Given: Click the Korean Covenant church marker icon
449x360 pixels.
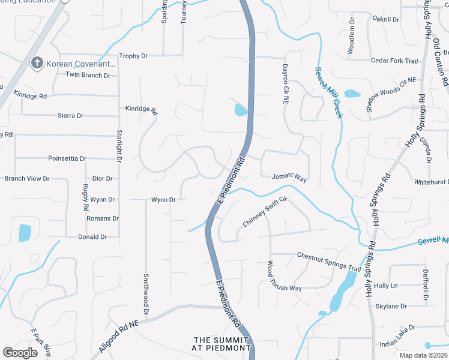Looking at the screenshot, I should tap(36, 63).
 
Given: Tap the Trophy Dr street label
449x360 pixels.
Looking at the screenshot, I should tap(133, 56).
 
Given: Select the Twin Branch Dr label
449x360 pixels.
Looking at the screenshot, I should tap(88, 75).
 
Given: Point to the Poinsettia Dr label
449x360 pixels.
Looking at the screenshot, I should tap(67, 158).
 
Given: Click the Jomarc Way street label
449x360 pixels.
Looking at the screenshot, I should tap(289, 179).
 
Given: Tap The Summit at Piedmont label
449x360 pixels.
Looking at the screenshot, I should tap(221, 344).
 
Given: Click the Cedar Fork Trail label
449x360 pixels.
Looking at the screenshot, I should tap(394, 61).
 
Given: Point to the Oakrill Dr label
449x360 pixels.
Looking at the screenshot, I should tap(385, 20).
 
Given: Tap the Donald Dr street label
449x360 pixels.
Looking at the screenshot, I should tap(92, 237).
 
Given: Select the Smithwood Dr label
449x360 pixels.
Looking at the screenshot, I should tap(146, 294).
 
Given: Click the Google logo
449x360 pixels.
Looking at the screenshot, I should tap(20, 353).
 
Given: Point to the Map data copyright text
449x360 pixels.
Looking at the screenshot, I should tap(424, 355).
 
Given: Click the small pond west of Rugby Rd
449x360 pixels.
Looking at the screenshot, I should tap(25, 233).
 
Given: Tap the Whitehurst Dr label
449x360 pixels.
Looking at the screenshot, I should tap(431, 181).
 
